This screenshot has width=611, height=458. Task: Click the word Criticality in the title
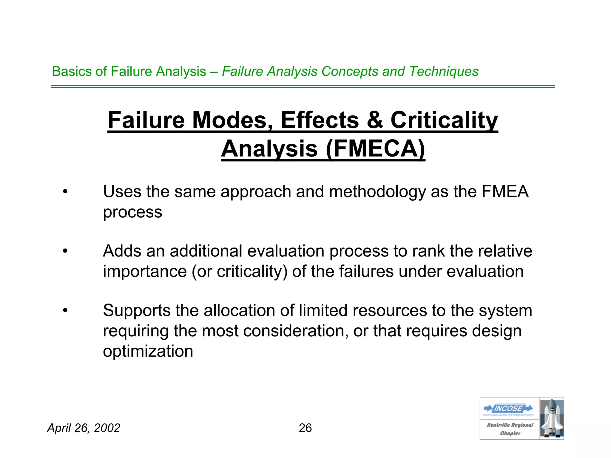click(x=444, y=120)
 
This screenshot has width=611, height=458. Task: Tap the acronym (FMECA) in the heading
click(x=375, y=149)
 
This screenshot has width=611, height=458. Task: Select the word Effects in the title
click(x=320, y=120)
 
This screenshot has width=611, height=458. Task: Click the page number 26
click(x=305, y=428)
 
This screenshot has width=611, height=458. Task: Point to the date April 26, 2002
click(x=84, y=428)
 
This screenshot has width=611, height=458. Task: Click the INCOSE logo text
click(x=508, y=408)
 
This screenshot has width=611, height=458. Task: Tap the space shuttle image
click(x=552, y=418)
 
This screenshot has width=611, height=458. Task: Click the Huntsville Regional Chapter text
click(x=510, y=429)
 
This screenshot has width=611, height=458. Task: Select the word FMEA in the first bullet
click(x=505, y=191)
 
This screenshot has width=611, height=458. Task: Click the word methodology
click(x=377, y=191)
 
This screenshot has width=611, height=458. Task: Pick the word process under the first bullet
click(x=132, y=212)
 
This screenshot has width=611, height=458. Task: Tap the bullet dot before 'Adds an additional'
click(x=65, y=251)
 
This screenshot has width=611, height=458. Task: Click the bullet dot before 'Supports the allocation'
click(x=65, y=310)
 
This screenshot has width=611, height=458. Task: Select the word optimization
click(x=148, y=351)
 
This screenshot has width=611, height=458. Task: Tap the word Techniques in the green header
click(x=444, y=72)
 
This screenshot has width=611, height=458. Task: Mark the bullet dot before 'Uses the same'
click(x=65, y=191)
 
